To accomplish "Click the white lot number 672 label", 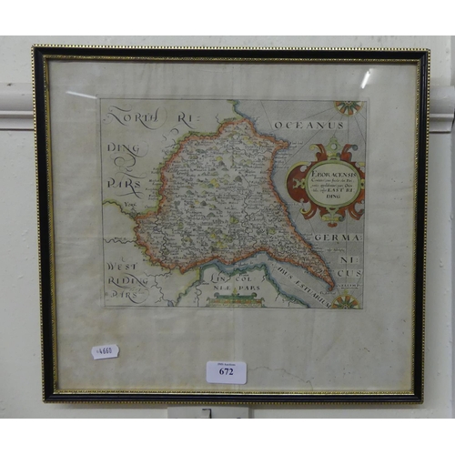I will pyautogui.click(x=226, y=371).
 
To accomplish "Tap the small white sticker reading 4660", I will pyautogui.click(x=105, y=351).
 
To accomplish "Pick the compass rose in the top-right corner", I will pyautogui.click(x=350, y=108).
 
